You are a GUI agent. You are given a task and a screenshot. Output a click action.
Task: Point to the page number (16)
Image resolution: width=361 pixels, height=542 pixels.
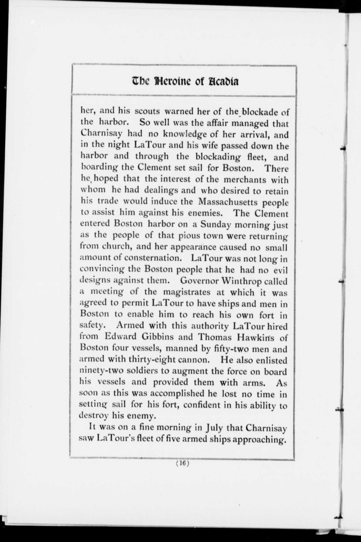click(182, 463)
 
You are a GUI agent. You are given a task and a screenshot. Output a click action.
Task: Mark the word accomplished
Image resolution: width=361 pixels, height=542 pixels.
click(177, 394)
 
